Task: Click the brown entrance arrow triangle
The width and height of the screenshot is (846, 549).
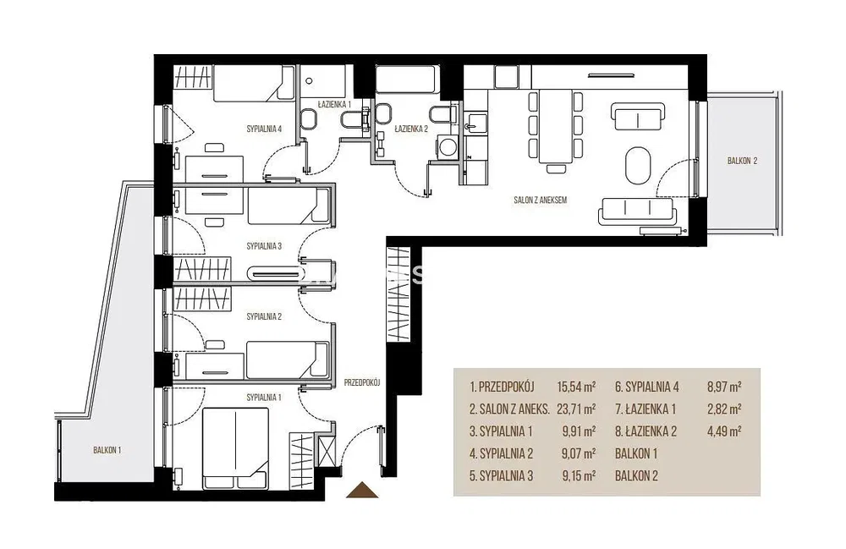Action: [362, 491]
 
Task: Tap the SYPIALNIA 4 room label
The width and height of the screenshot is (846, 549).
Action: [264, 129]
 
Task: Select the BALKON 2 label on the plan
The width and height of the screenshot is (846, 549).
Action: [743, 161]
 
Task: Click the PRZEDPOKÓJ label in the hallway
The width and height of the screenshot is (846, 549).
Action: [363, 383]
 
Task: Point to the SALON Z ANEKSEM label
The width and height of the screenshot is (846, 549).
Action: [540, 200]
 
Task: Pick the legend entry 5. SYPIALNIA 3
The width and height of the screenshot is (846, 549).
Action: [501, 476]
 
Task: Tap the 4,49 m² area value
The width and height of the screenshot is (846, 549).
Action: [724, 431]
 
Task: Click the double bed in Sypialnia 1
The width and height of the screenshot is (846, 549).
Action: [235, 447]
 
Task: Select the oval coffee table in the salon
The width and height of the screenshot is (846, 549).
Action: [638, 165]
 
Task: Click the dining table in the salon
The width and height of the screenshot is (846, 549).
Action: [556, 126]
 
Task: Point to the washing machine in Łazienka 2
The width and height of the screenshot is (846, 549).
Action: [448, 146]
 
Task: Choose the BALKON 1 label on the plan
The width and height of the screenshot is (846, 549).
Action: [107, 450]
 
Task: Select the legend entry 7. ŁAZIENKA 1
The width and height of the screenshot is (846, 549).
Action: [645, 409]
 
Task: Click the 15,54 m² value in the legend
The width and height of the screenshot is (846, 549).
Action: [576, 387]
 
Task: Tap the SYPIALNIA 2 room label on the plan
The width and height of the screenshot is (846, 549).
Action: [264, 316]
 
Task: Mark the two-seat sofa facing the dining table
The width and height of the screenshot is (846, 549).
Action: [637, 117]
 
